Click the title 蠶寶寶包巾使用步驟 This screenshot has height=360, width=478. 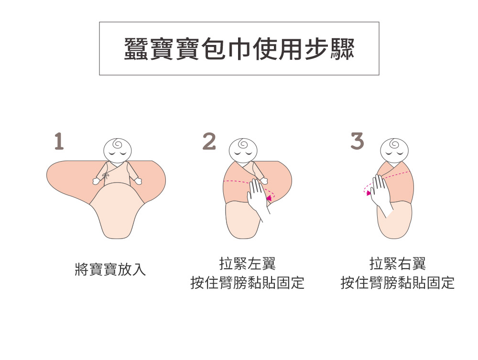239,49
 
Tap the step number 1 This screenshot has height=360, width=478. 58,142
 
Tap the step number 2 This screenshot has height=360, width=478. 209,142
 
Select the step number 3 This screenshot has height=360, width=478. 357,142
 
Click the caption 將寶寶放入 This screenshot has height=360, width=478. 110,270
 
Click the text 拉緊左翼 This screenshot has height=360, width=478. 247,263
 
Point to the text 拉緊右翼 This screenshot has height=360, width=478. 397,263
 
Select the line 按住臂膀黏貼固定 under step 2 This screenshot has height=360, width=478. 247,283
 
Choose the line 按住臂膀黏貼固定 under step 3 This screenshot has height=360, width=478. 397,283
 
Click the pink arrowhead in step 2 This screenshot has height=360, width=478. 270,197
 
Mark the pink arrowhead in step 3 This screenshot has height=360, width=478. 368,193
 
